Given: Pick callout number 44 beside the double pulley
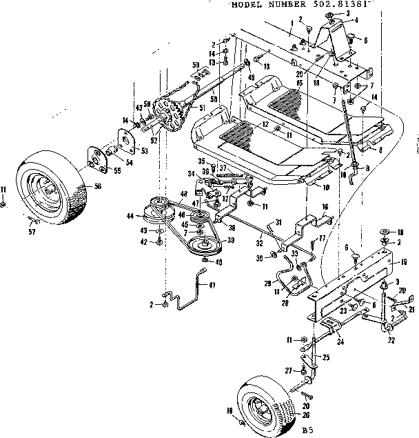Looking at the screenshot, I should [x=129, y=216].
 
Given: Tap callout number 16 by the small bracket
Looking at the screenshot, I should [x=325, y=206].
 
